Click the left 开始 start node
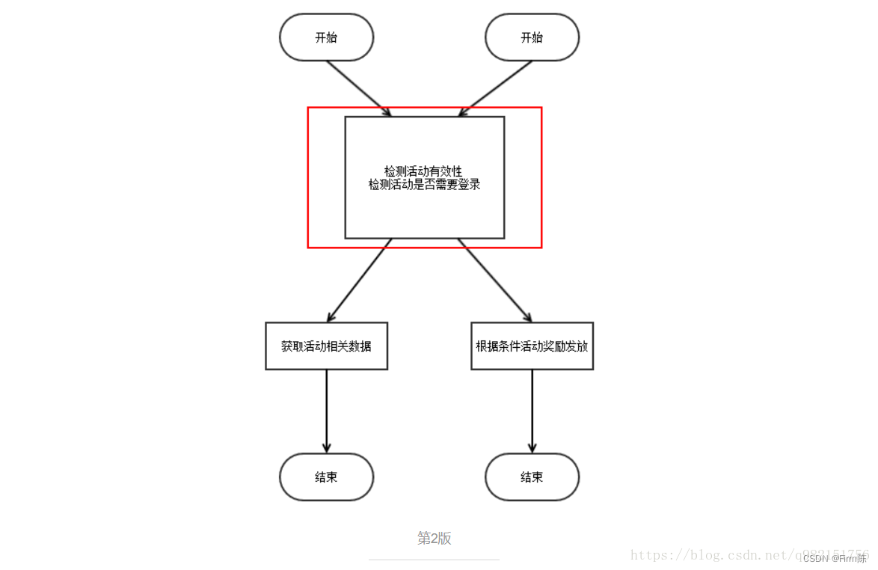click(326, 37)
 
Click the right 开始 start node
click(532, 37)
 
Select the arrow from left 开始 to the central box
click(357, 88)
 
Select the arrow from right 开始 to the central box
click(497, 88)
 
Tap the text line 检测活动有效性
click(423, 171)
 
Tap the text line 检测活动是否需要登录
click(424, 184)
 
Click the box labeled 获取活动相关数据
click(326, 346)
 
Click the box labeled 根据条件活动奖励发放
click(532, 346)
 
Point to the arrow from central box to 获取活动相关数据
click(360, 280)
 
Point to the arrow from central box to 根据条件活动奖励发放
click(495, 280)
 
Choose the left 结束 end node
click(326, 476)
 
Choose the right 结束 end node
click(532, 476)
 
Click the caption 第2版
click(434, 539)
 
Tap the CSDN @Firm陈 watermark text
click(835, 559)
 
